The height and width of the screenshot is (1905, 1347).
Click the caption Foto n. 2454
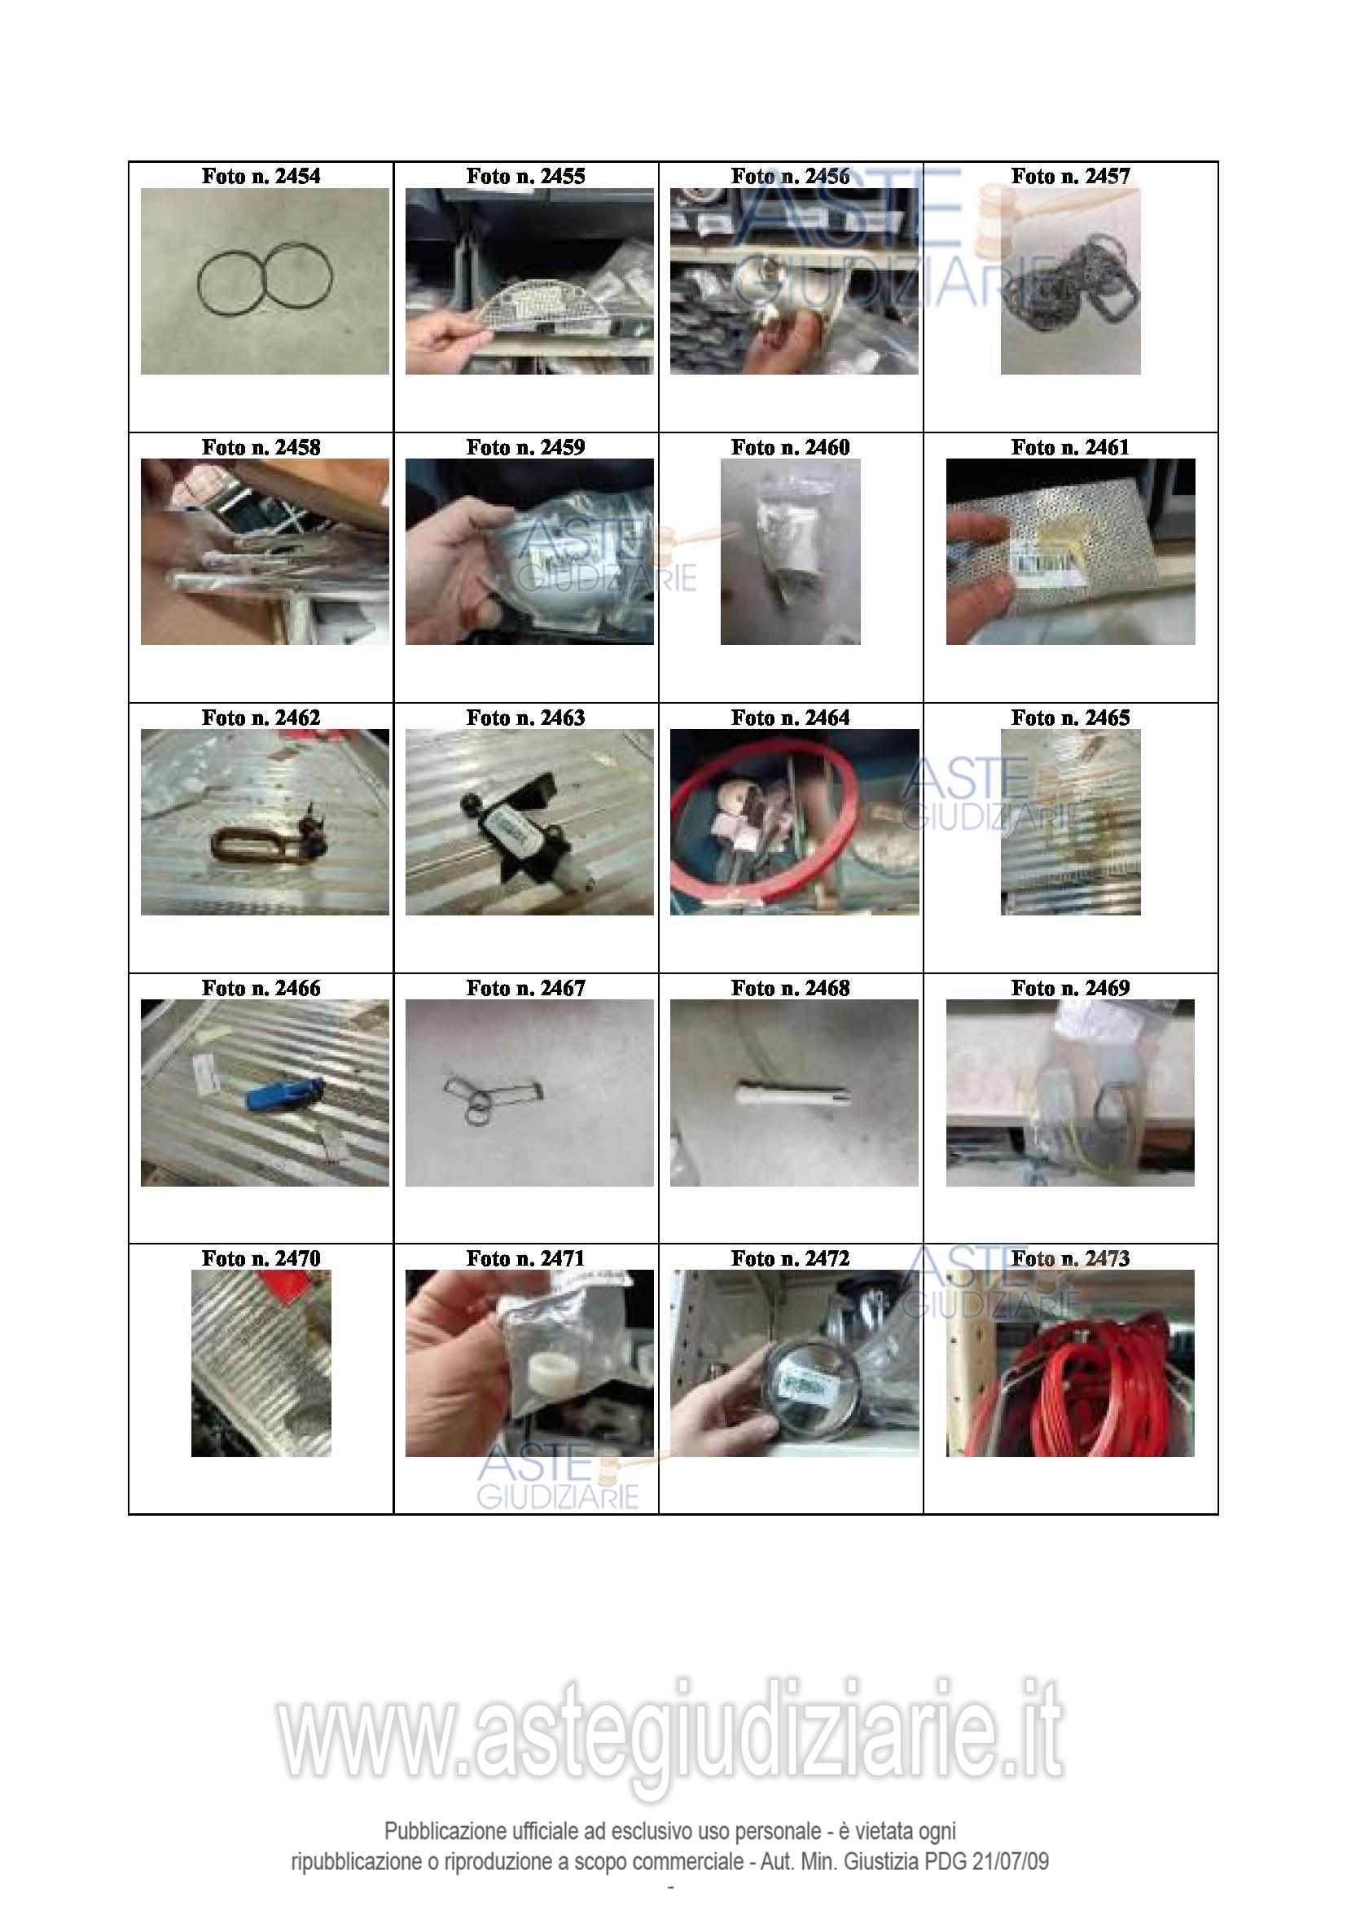(261, 176)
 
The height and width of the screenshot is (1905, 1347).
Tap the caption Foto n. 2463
(525, 717)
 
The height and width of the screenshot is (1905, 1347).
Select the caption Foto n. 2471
(525, 1258)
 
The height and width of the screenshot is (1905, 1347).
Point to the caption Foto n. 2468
(790, 987)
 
